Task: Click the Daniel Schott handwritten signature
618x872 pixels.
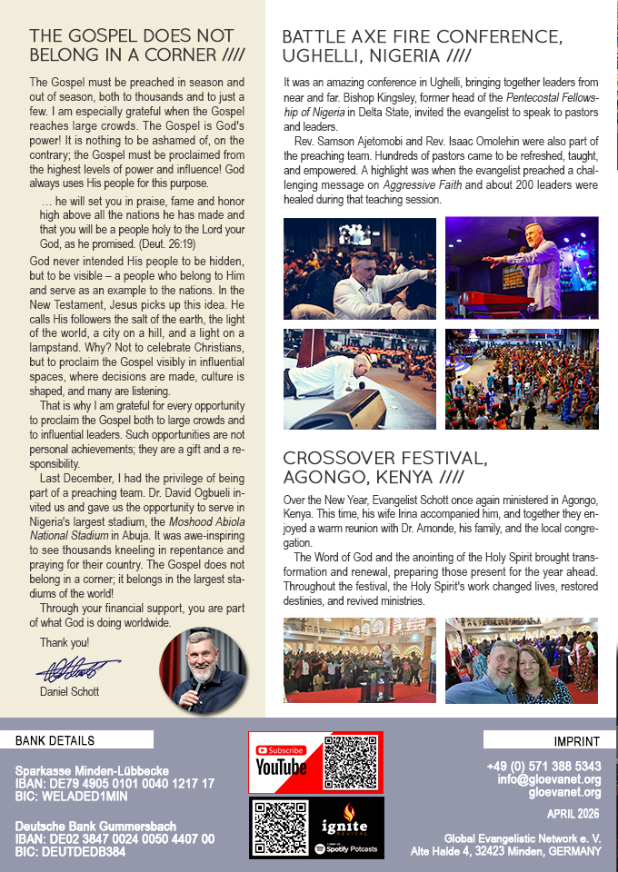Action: tap(77, 671)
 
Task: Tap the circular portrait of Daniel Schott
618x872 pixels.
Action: tap(203, 671)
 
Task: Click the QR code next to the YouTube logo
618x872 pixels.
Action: tap(351, 761)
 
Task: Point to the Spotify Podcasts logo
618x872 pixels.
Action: tap(345, 849)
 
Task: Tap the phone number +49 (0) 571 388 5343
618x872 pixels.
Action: tap(543, 766)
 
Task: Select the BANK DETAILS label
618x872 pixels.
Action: tap(55, 741)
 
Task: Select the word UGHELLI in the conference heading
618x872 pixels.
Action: tap(327, 57)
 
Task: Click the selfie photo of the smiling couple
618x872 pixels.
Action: tap(521, 660)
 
